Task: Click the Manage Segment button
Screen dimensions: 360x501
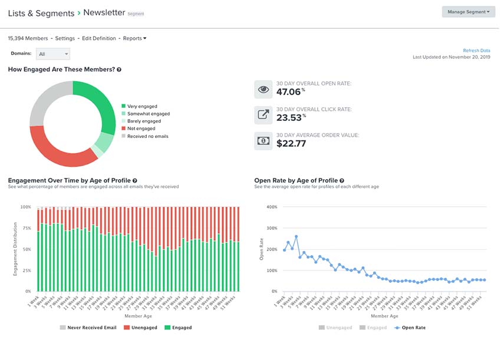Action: click(468, 12)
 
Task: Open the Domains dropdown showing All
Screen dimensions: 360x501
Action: click(53, 54)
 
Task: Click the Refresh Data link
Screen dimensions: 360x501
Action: click(476, 51)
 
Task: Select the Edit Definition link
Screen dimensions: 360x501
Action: click(99, 38)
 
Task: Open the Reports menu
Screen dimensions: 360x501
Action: click(134, 38)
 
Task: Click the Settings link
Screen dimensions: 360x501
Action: click(65, 38)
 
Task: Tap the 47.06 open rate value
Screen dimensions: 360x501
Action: click(289, 92)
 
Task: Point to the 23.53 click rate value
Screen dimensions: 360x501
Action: click(289, 117)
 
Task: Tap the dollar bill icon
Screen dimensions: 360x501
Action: click(263, 141)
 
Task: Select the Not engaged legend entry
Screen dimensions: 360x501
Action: click(141, 128)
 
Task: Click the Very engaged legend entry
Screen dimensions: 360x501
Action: click(141, 106)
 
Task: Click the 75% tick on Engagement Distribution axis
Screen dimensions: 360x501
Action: click(26, 228)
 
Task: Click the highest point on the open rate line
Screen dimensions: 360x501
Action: click(296, 237)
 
